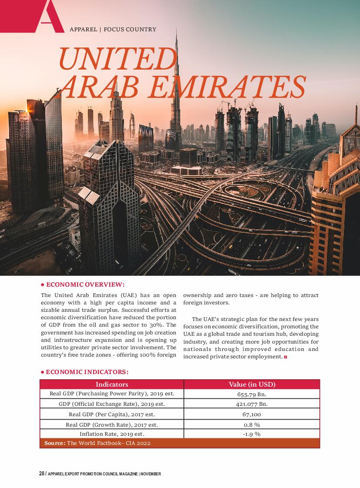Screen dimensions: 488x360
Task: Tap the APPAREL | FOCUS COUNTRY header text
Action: tap(113, 30)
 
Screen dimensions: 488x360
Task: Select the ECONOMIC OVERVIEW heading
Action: tap(85, 284)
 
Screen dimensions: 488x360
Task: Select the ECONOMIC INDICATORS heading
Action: tap(87, 372)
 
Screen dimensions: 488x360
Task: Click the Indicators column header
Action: tap(112, 384)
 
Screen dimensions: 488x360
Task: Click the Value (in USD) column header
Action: tap(252, 384)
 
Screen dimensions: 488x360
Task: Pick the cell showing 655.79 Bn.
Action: tap(252, 394)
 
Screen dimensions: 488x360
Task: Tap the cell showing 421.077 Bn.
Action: tap(252, 404)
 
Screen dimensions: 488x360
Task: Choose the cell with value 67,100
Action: tap(252, 414)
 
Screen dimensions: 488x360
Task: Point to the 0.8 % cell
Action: tap(252, 424)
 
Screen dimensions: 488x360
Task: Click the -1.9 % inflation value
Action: tap(252, 434)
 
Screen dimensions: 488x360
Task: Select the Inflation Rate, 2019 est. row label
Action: tap(112, 434)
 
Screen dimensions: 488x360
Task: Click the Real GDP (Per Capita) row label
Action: tap(112, 414)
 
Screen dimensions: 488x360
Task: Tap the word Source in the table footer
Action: tap(55, 443)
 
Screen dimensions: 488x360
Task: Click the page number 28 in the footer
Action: tap(42, 474)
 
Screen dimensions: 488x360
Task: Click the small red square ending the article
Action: tap(286, 357)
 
